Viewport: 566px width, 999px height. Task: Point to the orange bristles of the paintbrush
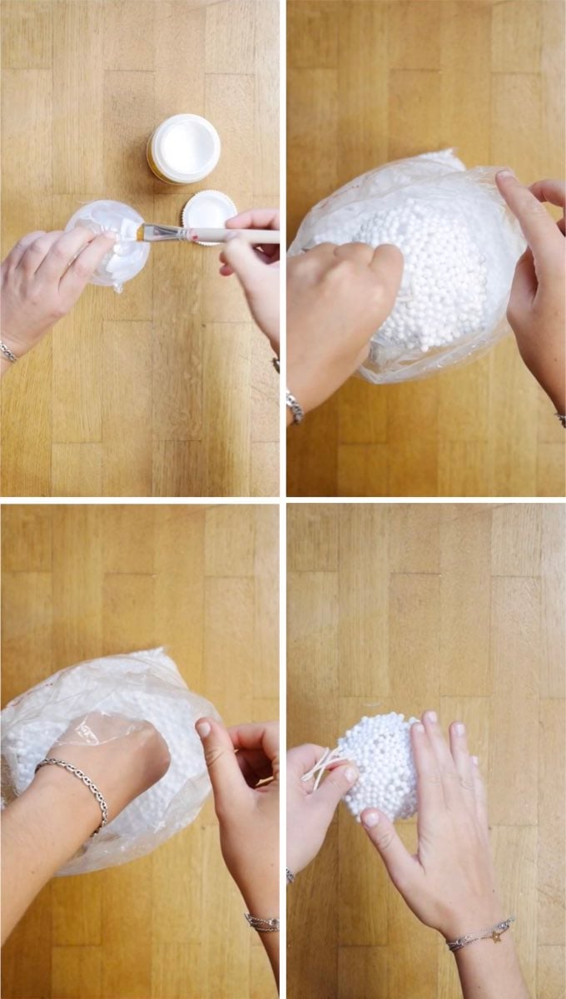[x=147, y=231]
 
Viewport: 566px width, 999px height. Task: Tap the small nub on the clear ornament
[x=119, y=286]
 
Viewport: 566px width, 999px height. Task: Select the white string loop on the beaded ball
[x=320, y=765]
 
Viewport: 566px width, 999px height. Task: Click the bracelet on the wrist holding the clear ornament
[x=7, y=351]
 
